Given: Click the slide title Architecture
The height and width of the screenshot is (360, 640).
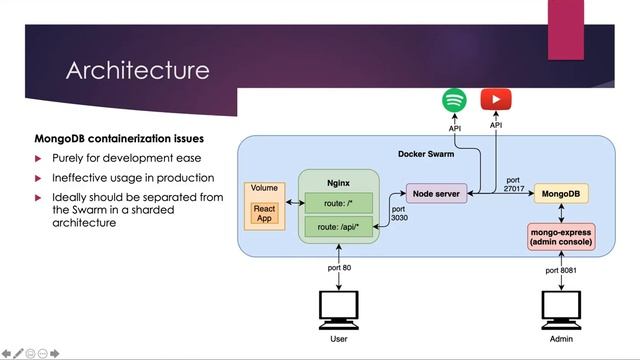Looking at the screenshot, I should pos(137,71).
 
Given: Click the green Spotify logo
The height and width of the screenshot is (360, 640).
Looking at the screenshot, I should pos(454,100).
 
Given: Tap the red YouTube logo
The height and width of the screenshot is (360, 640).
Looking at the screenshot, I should pos(495,100).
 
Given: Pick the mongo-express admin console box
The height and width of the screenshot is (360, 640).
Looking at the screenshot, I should pos(561,236).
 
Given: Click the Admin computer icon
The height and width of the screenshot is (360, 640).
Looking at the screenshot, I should pos(561,312).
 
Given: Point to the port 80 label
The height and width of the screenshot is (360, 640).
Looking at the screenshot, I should pos(339,268).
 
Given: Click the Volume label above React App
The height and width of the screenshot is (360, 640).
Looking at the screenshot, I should pos(264,189).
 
